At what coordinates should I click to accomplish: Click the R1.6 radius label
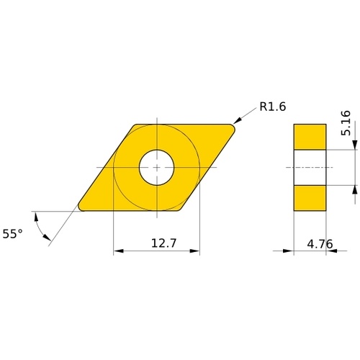tap(273, 107)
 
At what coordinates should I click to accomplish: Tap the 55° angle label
tap(12, 234)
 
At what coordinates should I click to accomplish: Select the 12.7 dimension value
tap(163, 243)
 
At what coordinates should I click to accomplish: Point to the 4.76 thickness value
tap(320, 244)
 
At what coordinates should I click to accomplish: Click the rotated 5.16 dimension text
tap(346, 123)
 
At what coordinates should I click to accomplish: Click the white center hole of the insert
tap(157, 168)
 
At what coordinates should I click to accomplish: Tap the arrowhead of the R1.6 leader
tap(237, 120)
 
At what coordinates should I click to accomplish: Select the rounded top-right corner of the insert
tap(233, 127)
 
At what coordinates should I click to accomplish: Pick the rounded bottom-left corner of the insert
tap(81, 208)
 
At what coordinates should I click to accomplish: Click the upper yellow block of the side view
tap(310, 137)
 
